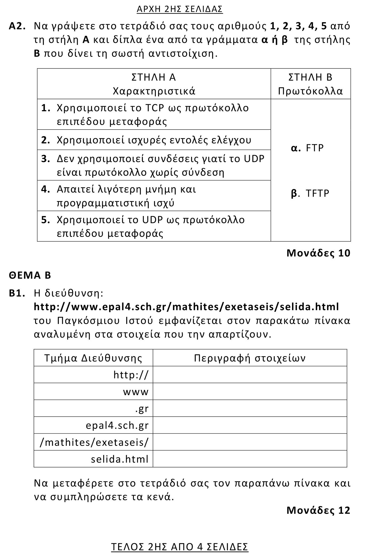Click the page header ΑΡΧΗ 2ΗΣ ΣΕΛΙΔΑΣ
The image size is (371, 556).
[180, 9]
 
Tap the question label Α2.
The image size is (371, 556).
[17, 26]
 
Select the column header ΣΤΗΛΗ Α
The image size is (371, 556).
[154, 77]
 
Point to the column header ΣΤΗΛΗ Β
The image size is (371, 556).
[310, 77]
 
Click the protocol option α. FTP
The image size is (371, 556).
[307, 148]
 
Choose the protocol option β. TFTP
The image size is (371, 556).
[310, 193]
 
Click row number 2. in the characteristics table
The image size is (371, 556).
[46, 140]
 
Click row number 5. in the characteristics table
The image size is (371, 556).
[46, 220]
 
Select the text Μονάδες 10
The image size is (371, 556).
[318, 253]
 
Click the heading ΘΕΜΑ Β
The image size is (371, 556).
[30, 275]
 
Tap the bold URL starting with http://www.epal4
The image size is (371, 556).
[186, 307]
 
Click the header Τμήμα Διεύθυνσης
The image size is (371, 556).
[93, 358]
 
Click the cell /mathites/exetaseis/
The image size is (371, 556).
[94, 442]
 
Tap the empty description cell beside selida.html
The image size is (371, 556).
[250, 459]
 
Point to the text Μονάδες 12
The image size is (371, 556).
[318, 510]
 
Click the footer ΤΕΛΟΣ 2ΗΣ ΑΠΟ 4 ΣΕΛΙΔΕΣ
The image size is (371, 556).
[180, 547]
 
